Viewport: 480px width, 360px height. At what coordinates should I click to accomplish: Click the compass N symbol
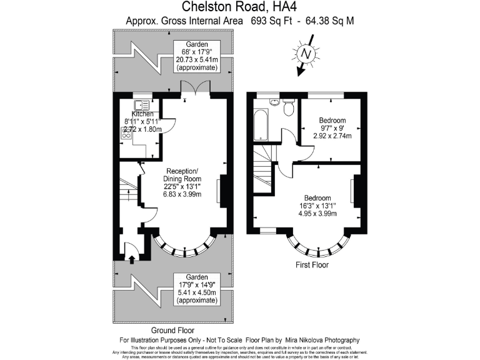click(306, 55)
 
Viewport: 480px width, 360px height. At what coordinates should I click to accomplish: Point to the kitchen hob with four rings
click(125, 132)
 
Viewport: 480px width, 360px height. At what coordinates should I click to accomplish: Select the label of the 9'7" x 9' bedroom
click(332, 119)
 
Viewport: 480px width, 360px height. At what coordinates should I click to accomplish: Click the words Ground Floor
click(173, 330)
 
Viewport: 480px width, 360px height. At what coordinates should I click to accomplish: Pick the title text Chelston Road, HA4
click(239, 7)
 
